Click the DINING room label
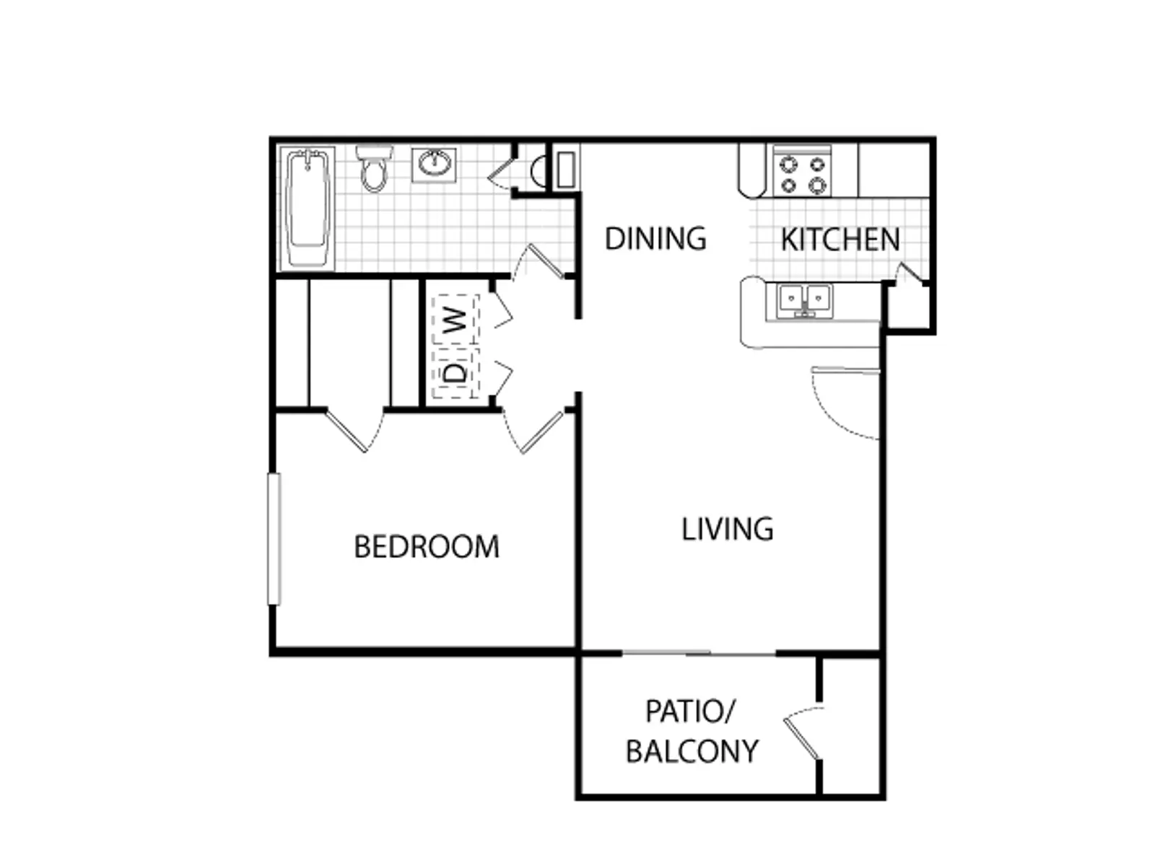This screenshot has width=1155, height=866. click(x=655, y=239)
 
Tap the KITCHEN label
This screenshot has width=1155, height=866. click(x=840, y=240)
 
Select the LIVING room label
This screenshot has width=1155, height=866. click(x=728, y=529)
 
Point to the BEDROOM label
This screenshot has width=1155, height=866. click(x=427, y=547)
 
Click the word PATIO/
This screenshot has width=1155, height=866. click(x=690, y=712)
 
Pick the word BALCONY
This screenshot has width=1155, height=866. click(x=692, y=751)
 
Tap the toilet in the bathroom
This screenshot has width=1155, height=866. click(x=374, y=169)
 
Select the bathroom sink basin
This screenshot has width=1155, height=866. click(x=434, y=165)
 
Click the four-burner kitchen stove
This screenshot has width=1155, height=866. click(x=803, y=172)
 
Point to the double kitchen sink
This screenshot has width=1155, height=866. click(x=805, y=301)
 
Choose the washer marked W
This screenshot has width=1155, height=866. click(x=456, y=319)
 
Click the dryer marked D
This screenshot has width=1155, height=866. click(x=456, y=373)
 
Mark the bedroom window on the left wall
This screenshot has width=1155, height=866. click(x=274, y=539)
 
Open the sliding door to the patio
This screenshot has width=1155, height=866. click(x=698, y=654)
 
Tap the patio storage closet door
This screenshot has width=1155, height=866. click(x=803, y=733)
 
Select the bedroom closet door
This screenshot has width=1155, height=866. click(x=354, y=429)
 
